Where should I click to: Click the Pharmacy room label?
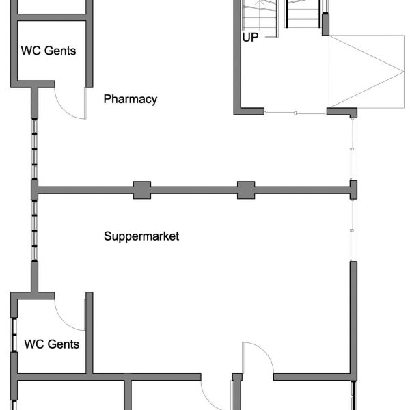click(x=130, y=99)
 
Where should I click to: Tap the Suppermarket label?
click(x=141, y=236)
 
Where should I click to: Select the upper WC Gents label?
click(x=49, y=50)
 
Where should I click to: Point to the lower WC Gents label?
click(x=51, y=344)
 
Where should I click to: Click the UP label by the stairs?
click(x=250, y=38)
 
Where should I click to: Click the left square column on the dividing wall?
click(x=141, y=189)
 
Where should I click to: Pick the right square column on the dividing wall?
click(x=246, y=189)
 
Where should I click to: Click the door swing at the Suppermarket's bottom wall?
click(x=256, y=355)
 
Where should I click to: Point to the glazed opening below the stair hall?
click(x=295, y=112)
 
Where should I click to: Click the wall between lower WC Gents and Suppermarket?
click(x=89, y=335)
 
